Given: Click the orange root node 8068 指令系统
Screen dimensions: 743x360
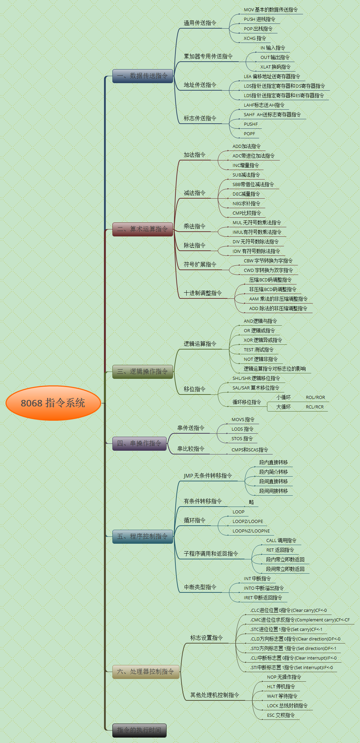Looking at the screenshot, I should [53, 403].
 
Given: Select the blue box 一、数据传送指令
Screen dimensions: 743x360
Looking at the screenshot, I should [142, 76].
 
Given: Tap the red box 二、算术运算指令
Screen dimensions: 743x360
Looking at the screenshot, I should [142, 229].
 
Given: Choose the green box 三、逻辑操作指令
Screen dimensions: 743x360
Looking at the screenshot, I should [142, 371].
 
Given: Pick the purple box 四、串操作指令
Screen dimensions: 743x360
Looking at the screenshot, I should [139, 443].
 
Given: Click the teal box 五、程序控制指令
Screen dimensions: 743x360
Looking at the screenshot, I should [142, 536].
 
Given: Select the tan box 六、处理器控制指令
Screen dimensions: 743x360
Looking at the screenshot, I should [145, 671].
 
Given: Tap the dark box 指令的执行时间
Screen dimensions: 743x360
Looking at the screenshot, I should [139, 730].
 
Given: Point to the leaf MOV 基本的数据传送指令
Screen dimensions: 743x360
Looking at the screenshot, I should [271, 10].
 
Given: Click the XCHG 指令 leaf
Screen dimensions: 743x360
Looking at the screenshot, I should [255, 38].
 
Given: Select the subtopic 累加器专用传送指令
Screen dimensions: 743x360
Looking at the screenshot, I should [208, 56].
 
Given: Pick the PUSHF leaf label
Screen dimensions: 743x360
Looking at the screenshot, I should [251, 124].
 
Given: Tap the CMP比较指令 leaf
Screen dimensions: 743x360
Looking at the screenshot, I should [247, 213].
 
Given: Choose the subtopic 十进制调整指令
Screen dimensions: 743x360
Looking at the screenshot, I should [203, 293].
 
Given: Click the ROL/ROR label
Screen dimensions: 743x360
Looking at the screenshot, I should [315, 397].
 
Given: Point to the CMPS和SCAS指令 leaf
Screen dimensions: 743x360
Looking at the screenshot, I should [250, 450].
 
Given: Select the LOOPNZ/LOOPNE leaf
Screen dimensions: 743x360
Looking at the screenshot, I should [251, 531].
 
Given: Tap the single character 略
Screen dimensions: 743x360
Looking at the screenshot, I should [251, 502].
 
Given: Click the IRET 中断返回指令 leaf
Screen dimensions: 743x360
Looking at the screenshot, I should [263, 598].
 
